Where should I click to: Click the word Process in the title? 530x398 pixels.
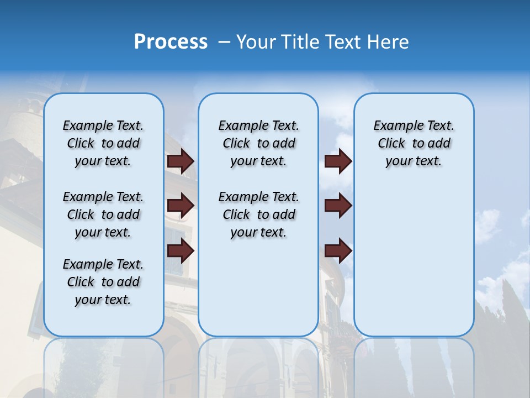[171, 42]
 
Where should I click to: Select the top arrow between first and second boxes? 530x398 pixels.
[181, 161]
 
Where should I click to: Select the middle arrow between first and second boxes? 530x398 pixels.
[181, 206]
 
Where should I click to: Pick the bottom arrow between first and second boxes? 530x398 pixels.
[181, 251]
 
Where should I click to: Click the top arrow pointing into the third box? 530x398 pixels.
[338, 161]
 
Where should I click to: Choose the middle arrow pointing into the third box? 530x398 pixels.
[338, 206]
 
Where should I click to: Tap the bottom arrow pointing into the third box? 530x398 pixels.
[338, 251]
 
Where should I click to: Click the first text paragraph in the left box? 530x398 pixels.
[103, 143]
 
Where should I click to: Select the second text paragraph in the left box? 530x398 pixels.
[103, 214]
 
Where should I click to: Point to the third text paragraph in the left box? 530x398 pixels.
[103, 282]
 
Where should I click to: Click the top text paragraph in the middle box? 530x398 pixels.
[258, 143]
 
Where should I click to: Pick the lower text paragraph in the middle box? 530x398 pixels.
[258, 214]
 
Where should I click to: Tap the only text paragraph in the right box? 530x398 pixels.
[414, 143]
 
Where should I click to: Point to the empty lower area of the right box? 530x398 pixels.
[414, 260]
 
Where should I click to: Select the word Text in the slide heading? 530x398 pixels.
[343, 42]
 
